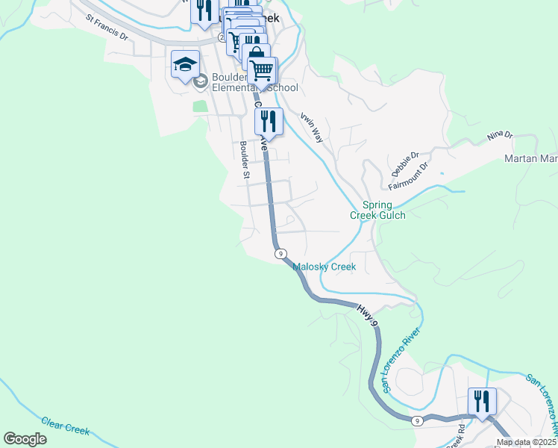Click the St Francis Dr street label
coord(107,27)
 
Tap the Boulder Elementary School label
coord(254,82)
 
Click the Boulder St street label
coord(244,160)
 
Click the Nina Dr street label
coord(500,136)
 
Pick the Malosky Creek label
coord(324,267)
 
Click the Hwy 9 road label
coord(369,314)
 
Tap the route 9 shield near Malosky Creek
coord(280,254)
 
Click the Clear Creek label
coord(66,426)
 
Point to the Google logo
coord(25,439)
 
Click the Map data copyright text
coord(527,442)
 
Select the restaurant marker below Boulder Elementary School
coord(269,122)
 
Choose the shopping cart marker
coord(261,70)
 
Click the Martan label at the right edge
coord(530,158)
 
